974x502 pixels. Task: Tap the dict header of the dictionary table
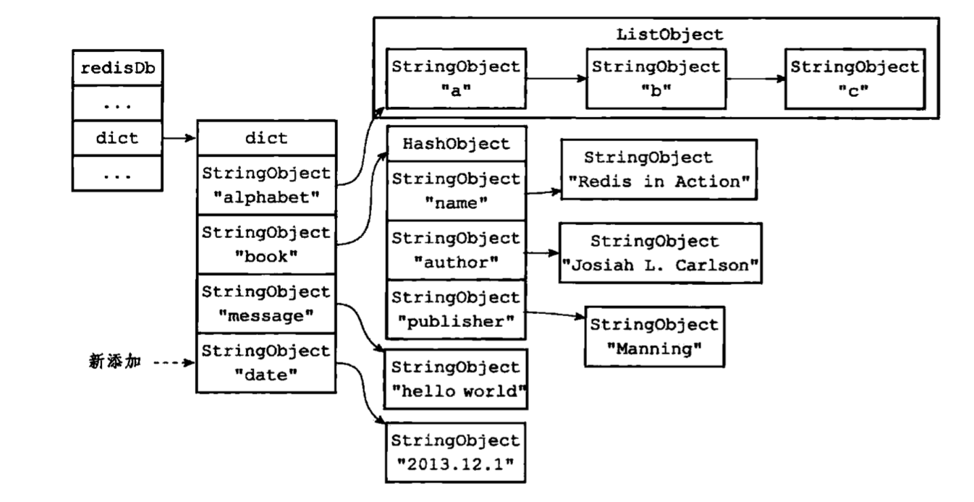pos(266,138)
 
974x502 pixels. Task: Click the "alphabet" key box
pos(266,185)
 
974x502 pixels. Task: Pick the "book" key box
pos(266,244)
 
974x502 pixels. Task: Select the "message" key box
pos(266,304)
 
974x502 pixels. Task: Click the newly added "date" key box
pos(266,363)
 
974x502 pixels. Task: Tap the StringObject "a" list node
pos(456,79)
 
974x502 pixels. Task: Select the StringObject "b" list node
pos(656,79)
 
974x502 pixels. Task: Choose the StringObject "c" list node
pos(855,79)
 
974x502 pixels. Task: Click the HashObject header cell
pos(456,144)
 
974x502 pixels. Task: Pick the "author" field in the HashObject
pos(456,250)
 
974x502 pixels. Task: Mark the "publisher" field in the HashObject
pos(456,310)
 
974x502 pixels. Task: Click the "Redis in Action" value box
pos(658,169)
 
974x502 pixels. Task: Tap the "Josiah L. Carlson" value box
pos(661,252)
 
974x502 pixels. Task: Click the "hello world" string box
pos(456,379)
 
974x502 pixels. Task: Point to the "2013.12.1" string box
pos(456,453)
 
